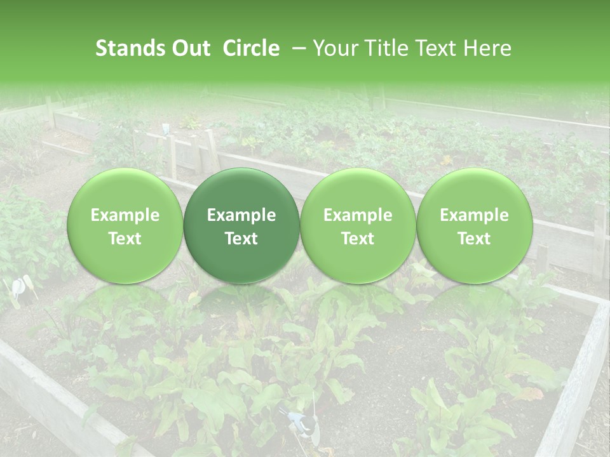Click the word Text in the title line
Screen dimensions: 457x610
pos(435,48)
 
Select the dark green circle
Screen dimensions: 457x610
pos(241,226)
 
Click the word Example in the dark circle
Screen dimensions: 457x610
pos(241,215)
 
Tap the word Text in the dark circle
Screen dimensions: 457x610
pos(241,239)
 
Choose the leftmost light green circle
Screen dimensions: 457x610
pos(125,226)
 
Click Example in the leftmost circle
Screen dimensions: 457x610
pos(125,215)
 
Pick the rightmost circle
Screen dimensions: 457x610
pos(475,226)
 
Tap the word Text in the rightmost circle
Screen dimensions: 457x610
pos(475,239)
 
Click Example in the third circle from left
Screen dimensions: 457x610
pos(358,215)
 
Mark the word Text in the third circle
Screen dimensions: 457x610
pos(358,239)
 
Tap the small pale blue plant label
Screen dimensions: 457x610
pos(165,129)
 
